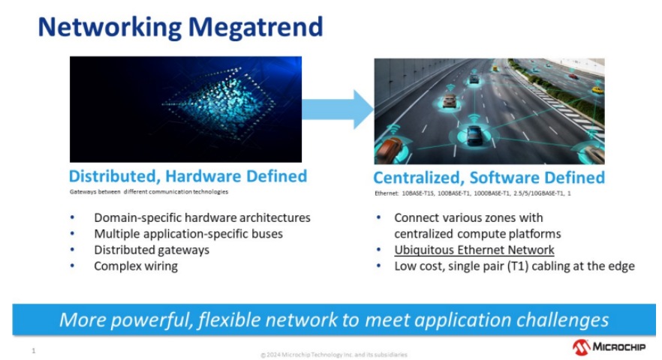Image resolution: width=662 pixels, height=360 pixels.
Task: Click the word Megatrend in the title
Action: pos(255,28)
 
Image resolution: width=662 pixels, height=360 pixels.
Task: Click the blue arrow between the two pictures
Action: pos(338,109)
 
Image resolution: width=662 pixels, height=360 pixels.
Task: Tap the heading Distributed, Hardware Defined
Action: pos(188,176)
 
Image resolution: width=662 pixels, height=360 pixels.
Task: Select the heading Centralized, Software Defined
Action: pos(489,178)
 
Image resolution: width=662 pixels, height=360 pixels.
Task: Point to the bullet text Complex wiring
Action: pos(136,266)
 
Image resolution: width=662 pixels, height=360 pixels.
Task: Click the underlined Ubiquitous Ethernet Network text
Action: pos(474,250)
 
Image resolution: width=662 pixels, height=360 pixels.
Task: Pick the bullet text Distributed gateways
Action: pos(152,250)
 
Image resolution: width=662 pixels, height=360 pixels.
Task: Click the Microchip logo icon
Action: pos(582,347)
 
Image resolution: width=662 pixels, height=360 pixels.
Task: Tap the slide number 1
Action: pos(34,351)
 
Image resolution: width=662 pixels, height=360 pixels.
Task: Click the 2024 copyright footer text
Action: pos(334,355)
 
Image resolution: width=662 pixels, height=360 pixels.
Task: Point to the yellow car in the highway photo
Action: pos(597,90)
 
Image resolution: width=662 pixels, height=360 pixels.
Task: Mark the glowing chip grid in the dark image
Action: pos(219,103)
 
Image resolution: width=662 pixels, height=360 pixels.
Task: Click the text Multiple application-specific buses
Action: pos(188,234)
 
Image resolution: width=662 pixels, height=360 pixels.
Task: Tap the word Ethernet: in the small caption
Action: pos(387,193)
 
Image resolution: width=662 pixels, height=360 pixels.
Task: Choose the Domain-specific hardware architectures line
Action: pos(202,217)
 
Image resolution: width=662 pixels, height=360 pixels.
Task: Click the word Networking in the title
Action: pos(110,28)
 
